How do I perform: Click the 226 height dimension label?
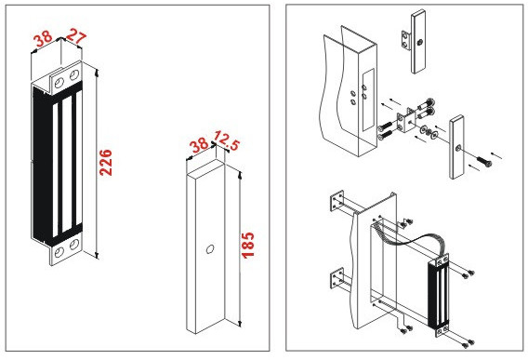[106, 162]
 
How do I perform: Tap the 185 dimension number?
[248, 246]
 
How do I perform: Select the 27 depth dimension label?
[76, 36]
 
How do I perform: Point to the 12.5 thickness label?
[227, 140]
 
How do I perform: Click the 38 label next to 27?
[43, 39]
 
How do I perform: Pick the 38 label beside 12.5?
[199, 145]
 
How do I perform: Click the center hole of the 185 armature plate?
[210, 249]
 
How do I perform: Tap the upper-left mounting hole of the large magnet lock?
[59, 83]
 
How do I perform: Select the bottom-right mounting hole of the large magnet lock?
[74, 244]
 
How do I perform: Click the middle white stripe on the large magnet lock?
[67, 166]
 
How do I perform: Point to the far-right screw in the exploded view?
[484, 162]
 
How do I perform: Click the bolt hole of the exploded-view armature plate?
[458, 148]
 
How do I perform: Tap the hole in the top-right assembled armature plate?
[419, 42]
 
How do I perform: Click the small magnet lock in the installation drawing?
[439, 295]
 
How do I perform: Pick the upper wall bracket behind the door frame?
[337, 202]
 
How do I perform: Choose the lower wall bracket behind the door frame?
[337, 279]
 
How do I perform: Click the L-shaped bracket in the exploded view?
[406, 121]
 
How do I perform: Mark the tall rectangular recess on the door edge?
[368, 100]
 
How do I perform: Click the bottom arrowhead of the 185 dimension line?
[240, 325]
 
